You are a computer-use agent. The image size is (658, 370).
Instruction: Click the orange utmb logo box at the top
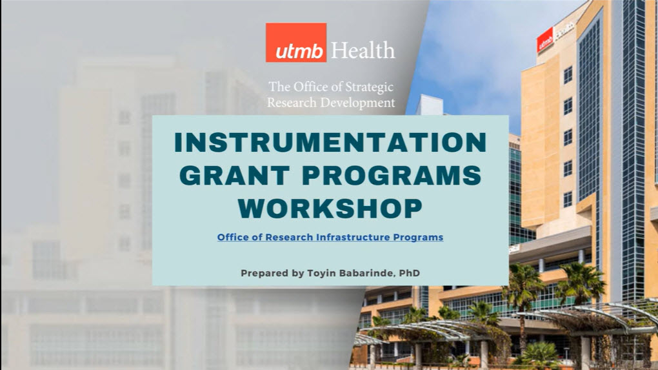coord(296,43)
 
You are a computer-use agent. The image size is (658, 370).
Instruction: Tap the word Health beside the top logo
coord(363,50)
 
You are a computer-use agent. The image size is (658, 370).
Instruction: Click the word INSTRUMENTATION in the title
coord(330,142)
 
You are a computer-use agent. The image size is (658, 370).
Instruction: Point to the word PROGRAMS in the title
coord(392,176)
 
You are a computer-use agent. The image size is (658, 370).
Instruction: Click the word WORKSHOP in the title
coord(330,209)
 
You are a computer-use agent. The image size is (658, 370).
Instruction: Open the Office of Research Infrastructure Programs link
coord(330,237)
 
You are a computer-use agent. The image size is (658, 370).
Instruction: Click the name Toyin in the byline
coord(320,273)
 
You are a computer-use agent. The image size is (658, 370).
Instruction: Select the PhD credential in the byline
coord(410,273)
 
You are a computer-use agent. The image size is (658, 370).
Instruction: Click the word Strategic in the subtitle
coord(369,87)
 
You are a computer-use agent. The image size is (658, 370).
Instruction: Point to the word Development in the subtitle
coord(357,103)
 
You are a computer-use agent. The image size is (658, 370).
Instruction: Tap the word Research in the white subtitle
coord(292,103)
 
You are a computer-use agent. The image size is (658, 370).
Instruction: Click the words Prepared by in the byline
coord(272,273)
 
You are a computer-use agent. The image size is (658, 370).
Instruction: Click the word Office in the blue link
coord(230,237)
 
